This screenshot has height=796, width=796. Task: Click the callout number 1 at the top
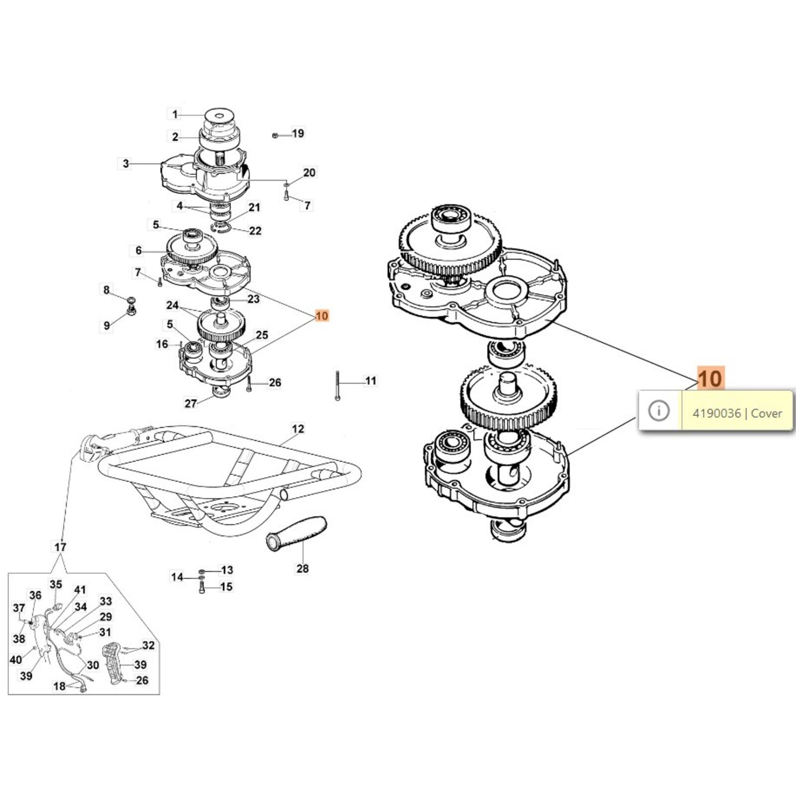[175, 115]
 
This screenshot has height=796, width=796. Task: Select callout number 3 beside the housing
[126, 163]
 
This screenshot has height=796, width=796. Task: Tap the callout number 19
[298, 133]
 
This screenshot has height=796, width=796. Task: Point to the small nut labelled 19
[275, 135]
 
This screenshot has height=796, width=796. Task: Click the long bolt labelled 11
[337, 386]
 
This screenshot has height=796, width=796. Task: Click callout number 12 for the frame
[298, 428]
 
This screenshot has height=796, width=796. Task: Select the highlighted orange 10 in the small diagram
[322, 315]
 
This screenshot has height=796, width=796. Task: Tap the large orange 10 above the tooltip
[710, 379]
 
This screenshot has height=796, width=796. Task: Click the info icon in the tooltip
[659, 411]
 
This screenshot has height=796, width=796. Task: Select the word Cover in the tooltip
[766, 413]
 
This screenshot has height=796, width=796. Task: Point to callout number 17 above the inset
[60, 547]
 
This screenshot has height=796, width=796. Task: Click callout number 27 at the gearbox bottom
[191, 403]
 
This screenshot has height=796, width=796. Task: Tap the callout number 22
[255, 231]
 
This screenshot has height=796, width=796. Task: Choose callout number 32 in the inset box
[148, 645]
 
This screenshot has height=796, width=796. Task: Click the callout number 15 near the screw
[226, 587]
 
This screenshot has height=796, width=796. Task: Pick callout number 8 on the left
[106, 290]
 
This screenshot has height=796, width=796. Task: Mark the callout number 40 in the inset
[16, 660]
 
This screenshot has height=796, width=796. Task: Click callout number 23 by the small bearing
[253, 299]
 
